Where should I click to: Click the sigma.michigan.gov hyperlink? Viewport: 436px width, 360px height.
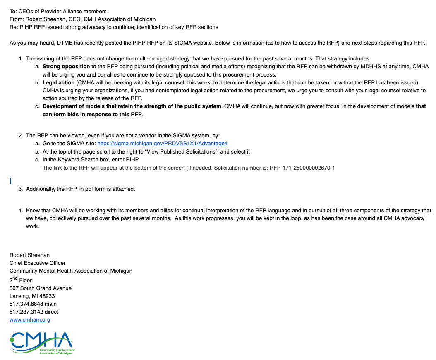point(162,144)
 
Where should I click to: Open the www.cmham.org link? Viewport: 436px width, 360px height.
point(30,320)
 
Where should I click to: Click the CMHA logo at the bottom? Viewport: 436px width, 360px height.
point(41,343)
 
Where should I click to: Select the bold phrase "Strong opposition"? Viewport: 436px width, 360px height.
point(66,67)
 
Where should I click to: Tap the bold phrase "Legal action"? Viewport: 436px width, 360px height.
point(58,82)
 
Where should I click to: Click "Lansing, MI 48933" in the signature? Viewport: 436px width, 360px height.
point(32,296)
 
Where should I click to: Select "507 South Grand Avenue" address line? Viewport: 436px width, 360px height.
point(41,288)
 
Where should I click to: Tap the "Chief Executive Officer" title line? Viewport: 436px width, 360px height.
point(38,263)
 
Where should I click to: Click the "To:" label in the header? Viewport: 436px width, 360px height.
point(13,11)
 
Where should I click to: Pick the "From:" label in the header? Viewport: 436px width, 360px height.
point(17,19)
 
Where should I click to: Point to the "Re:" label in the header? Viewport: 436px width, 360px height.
point(14,27)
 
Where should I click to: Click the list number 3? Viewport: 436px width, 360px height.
point(20,189)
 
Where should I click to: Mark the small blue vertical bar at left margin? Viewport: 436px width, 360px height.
point(10,180)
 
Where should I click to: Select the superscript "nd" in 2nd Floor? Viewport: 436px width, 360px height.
point(15,278)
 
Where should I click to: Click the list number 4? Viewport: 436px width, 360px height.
point(20,211)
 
